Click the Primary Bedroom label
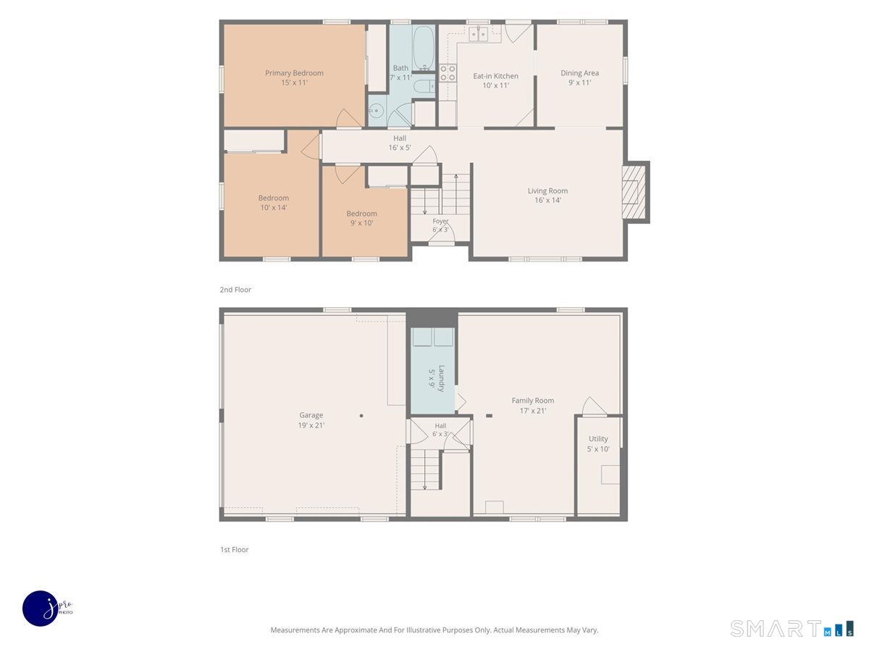point(294,73)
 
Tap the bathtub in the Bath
point(423,49)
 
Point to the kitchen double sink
point(478,34)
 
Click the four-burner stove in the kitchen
point(448,73)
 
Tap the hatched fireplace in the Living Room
point(634,192)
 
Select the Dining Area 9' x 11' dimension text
point(579,83)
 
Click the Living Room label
point(547,191)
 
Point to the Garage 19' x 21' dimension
point(311,425)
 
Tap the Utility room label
point(598,438)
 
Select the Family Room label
point(532,401)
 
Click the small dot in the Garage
point(361,416)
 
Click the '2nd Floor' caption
point(235,290)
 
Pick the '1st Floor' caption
point(235,549)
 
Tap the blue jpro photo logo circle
point(41,609)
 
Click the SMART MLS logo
point(792,628)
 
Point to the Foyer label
point(440,221)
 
